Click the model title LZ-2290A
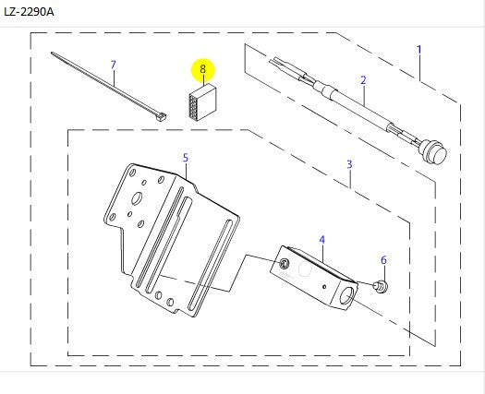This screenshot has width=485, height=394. coord(29,12)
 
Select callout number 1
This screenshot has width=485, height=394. coord(419,50)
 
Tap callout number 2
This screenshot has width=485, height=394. coord(363,80)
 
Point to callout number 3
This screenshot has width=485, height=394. coord(349,164)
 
